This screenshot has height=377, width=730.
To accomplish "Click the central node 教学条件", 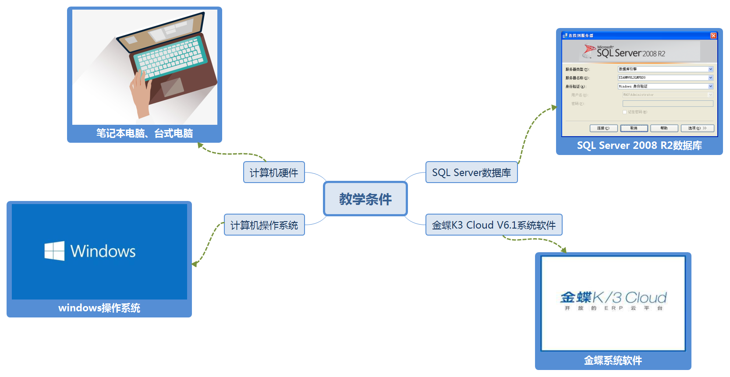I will click(365, 199).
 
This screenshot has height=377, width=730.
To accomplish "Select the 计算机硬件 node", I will click(274, 173).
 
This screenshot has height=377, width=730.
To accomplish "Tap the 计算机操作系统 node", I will click(264, 225).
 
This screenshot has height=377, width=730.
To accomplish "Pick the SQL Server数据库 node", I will click(471, 173).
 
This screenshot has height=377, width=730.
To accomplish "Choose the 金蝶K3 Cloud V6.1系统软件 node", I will click(494, 225).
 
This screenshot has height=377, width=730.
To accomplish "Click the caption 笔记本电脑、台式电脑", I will click(145, 133).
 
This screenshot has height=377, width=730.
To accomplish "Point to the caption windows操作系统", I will click(99, 308).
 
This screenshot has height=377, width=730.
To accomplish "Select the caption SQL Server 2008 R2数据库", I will click(639, 145).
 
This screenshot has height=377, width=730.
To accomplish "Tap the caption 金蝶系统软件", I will click(613, 360).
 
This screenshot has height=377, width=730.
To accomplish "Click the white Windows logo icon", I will click(54, 251).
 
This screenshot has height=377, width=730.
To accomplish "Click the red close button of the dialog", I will click(713, 35).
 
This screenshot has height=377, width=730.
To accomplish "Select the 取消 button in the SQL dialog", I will click(634, 128).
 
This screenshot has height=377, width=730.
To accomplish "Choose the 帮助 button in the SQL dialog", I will click(664, 128).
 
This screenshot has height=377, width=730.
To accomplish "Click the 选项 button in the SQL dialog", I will click(697, 128).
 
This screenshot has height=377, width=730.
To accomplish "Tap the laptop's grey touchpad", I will click(172, 87).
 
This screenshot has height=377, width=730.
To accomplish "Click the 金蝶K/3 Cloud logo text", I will click(613, 298).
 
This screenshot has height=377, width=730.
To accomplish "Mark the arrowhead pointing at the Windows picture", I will click(194, 264).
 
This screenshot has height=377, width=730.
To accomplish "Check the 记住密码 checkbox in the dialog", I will click(624, 112).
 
